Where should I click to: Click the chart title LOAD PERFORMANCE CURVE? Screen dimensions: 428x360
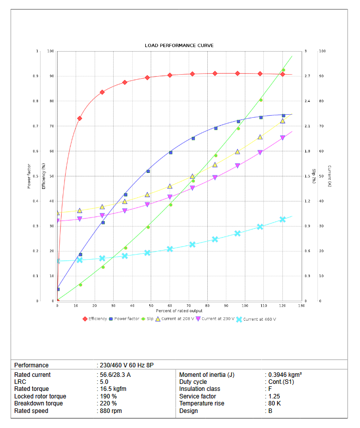[x=179, y=46]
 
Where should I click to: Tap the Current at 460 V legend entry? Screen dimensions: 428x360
[x=259, y=319]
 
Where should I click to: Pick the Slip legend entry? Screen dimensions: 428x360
[x=150, y=319]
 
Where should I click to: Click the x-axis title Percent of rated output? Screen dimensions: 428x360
[x=179, y=311]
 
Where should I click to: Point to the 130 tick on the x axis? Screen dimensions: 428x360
[x=301, y=305]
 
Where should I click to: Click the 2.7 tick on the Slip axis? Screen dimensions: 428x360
[x=307, y=76]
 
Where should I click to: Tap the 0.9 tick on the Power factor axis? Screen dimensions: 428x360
[x=36, y=76]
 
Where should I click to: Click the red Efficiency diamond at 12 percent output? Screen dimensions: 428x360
[x=80, y=118]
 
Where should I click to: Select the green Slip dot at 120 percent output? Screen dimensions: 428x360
[x=283, y=70]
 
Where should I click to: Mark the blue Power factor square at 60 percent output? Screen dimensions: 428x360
[x=171, y=152]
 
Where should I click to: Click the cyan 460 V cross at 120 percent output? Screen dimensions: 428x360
[x=282, y=220]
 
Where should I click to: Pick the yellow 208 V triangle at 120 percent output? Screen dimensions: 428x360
[x=282, y=121]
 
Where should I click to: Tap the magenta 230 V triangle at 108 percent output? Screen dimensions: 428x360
[x=260, y=152]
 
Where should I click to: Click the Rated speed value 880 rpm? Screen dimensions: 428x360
[x=111, y=411]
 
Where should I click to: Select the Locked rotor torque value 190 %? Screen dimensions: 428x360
[x=108, y=396]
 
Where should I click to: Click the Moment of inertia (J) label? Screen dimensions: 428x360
[x=206, y=375]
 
